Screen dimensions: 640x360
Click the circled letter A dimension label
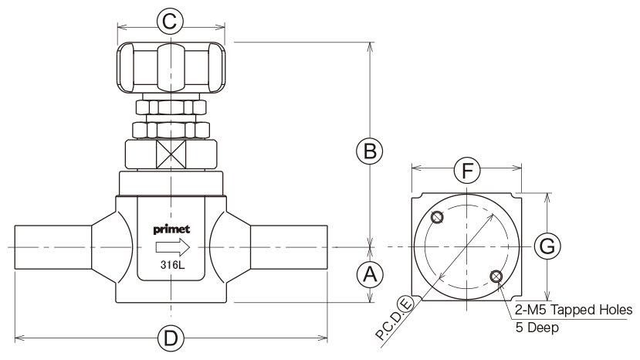pyautogui.click(x=370, y=274)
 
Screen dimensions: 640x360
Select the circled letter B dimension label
pyautogui.click(x=370, y=151)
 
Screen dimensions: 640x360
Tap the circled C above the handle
pyautogui.click(x=170, y=21)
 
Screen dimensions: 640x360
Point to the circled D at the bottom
pyautogui.click(x=171, y=338)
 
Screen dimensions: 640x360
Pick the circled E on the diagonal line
pyautogui.click(x=406, y=304)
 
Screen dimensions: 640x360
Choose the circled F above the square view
pyautogui.click(x=467, y=170)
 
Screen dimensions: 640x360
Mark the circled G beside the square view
pyautogui.click(x=547, y=246)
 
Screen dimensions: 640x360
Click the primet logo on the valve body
pyautogui.click(x=171, y=229)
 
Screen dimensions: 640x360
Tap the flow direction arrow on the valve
pyautogui.click(x=173, y=247)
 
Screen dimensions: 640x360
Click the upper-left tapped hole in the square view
pyautogui.click(x=437, y=217)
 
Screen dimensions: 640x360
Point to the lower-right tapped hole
pyautogui.click(x=496, y=277)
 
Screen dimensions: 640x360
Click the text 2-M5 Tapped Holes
pyautogui.click(x=574, y=310)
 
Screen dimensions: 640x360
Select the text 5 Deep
pyautogui.click(x=537, y=328)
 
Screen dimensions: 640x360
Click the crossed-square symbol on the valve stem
pyautogui.click(x=171, y=154)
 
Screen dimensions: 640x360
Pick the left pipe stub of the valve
pyautogui.click(x=53, y=247)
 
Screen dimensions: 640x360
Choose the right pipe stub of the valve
pyautogui.click(x=289, y=247)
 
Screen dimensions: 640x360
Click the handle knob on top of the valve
pyautogui.click(x=171, y=67)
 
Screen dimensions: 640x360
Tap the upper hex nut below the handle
pyautogui.click(x=171, y=107)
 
